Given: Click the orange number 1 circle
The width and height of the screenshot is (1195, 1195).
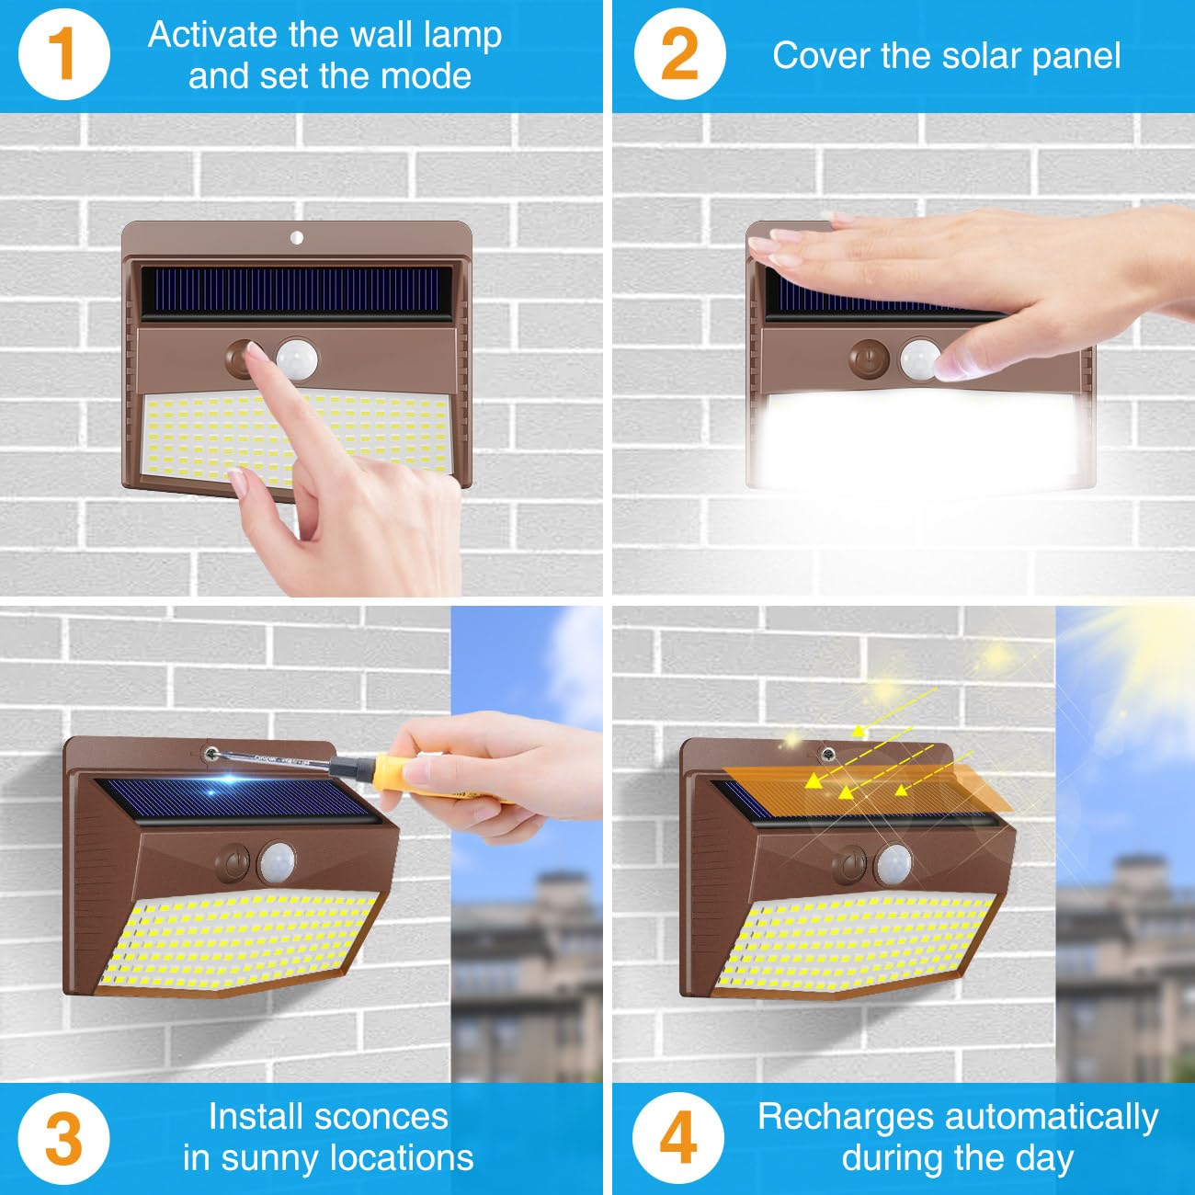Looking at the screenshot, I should pyautogui.click(x=63, y=54).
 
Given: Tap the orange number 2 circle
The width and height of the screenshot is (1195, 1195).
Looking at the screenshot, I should pyautogui.click(x=679, y=54).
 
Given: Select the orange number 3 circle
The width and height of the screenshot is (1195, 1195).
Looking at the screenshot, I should pyautogui.click(x=63, y=1139).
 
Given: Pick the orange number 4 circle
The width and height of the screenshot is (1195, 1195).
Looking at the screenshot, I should pyautogui.click(x=678, y=1138).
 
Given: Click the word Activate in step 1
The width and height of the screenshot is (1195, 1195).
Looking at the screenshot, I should pyautogui.click(x=212, y=35).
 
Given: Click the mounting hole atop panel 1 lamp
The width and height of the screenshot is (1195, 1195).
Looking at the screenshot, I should pyautogui.click(x=296, y=238).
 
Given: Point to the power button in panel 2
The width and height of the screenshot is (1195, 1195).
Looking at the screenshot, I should pyautogui.click(x=867, y=358).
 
